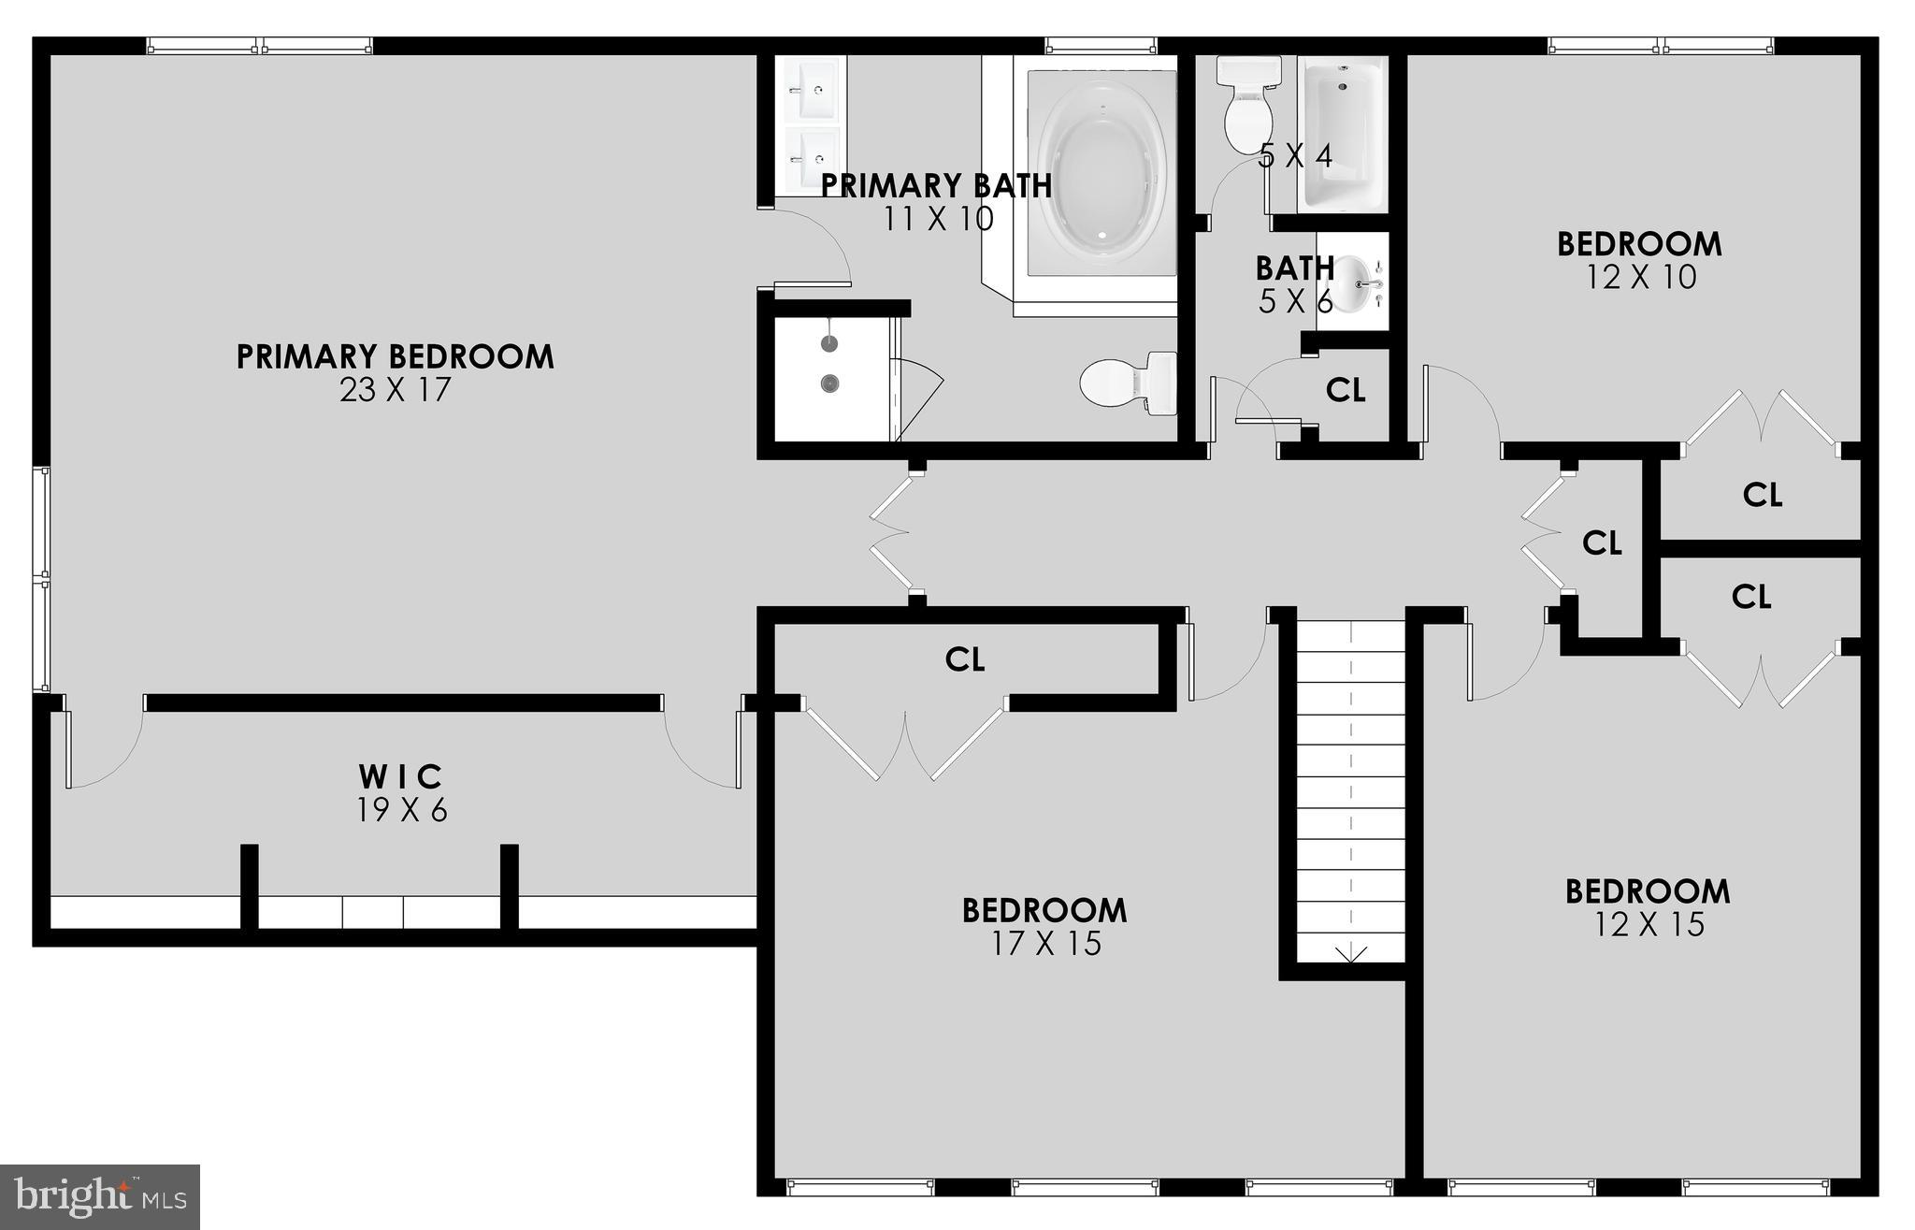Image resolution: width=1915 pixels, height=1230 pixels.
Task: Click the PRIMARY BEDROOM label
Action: coord(395,356)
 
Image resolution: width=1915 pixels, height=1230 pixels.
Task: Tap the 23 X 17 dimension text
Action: coord(395,389)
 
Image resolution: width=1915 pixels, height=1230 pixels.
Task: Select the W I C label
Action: coord(401,776)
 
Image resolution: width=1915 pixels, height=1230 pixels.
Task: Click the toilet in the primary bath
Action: coord(1128,383)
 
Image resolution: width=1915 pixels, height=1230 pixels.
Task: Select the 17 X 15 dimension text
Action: coord(1045,943)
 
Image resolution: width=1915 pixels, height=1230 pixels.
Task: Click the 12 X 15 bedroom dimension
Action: coord(1649,924)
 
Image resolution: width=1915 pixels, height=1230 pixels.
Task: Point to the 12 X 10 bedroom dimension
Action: coord(1641,277)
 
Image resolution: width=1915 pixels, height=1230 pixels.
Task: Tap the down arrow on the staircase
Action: coord(1351,954)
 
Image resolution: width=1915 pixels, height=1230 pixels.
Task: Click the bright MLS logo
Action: coord(101,1195)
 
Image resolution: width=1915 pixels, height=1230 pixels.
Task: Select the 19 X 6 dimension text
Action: coord(401,810)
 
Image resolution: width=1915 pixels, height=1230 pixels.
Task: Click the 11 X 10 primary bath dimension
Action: coord(938,219)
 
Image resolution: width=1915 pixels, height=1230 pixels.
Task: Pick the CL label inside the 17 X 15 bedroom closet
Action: coord(965,659)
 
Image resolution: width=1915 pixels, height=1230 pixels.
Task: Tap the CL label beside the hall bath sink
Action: coord(1346,390)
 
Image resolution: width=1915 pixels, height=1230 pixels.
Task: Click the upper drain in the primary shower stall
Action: coord(829,343)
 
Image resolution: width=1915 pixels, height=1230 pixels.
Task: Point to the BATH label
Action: coord(1294,268)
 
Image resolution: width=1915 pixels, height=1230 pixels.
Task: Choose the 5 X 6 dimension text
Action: coord(1294,301)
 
